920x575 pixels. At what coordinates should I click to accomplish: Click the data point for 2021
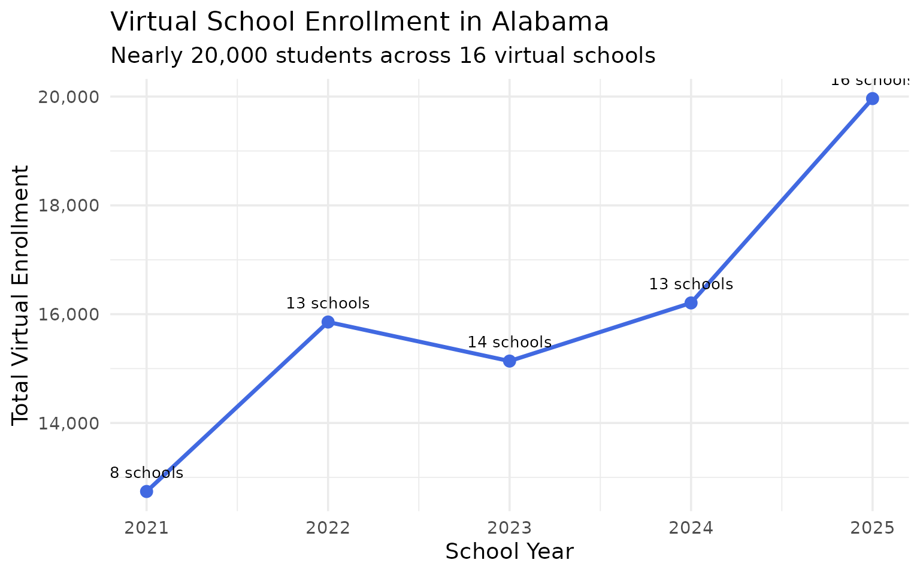pyautogui.click(x=147, y=491)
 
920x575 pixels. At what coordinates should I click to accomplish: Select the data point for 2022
pyautogui.click(x=328, y=322)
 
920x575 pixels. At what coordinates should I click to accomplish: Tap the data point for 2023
pyautogui.click(x=510, y=361)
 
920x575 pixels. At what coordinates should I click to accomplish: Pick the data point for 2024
pyautogui.click(x=691, y=302)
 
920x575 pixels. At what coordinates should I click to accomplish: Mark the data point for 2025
pyautogui.click(x=873, y=98)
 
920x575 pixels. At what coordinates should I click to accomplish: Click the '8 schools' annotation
pyautogui.click(x=147, y=473)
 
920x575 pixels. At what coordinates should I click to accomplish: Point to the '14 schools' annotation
pyautogui.click(x=510, y=343)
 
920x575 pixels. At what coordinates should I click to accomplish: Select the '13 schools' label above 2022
pyautogui.click(x=328, y=304)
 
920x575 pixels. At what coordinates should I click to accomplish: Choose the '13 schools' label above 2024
pyautogui.click(x=691, y=284)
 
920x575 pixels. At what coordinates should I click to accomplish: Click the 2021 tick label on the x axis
pyautogui.click(x=147, y=528)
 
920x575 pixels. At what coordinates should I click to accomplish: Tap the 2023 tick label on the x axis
pyautogui.click(x=510, y=528)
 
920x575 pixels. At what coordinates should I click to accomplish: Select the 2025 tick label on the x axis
pyautogui.click(x=873, y=528)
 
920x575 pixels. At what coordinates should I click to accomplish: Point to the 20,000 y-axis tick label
pyautogui.click(x=68, y=97)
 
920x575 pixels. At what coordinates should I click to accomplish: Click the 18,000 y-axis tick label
pyautogui.click(x=68, y=205)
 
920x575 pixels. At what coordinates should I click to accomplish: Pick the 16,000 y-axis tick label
pyautogui.click(x=68, y=314)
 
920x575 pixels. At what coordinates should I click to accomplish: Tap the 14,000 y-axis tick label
pyautogui.click(x=68, y=423)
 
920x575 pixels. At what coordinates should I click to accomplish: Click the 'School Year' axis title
pyautogui.click(x=510, y=552)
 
